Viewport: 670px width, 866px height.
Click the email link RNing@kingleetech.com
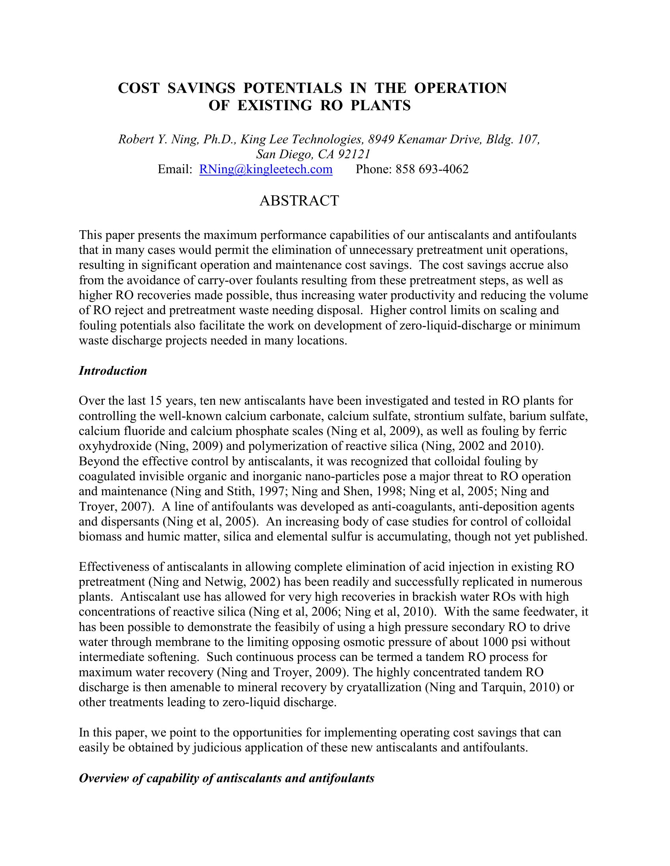(266, 169)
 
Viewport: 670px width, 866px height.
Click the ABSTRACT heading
(299, 201)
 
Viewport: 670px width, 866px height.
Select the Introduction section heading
(113, 371)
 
